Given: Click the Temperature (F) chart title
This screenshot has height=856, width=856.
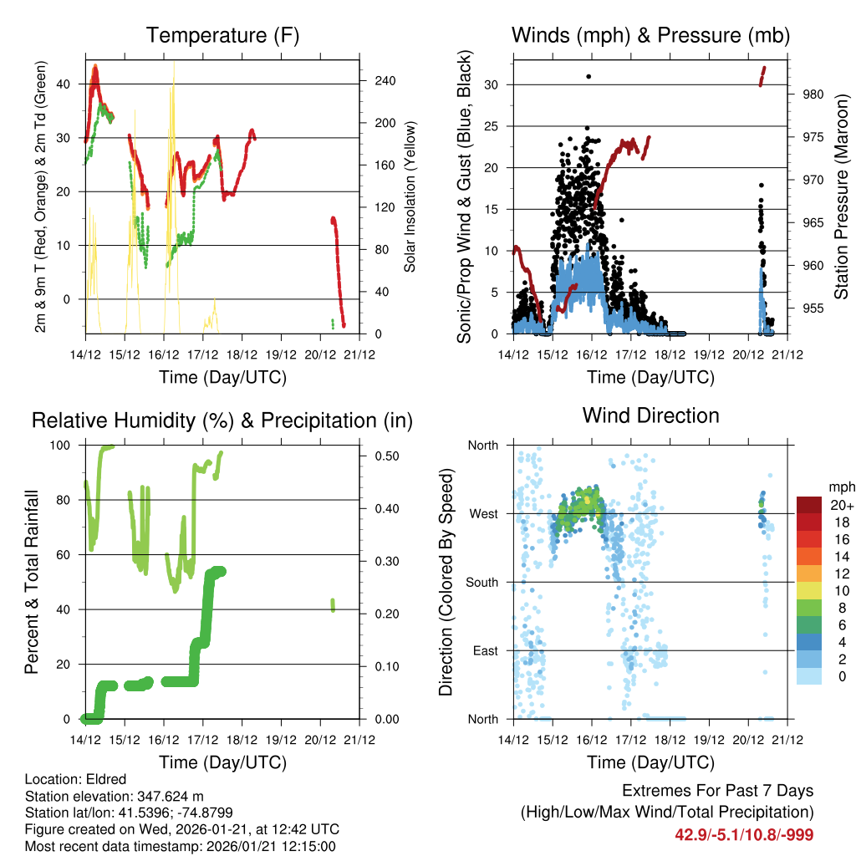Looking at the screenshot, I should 222,35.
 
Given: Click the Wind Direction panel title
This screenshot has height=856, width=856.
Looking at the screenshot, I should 650,415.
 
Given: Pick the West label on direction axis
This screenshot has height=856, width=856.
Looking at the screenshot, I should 482,513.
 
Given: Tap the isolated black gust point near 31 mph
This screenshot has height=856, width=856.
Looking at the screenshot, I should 588,76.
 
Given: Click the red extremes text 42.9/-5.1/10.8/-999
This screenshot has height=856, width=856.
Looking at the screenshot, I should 744,834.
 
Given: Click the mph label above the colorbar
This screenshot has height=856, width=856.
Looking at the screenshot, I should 841,487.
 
